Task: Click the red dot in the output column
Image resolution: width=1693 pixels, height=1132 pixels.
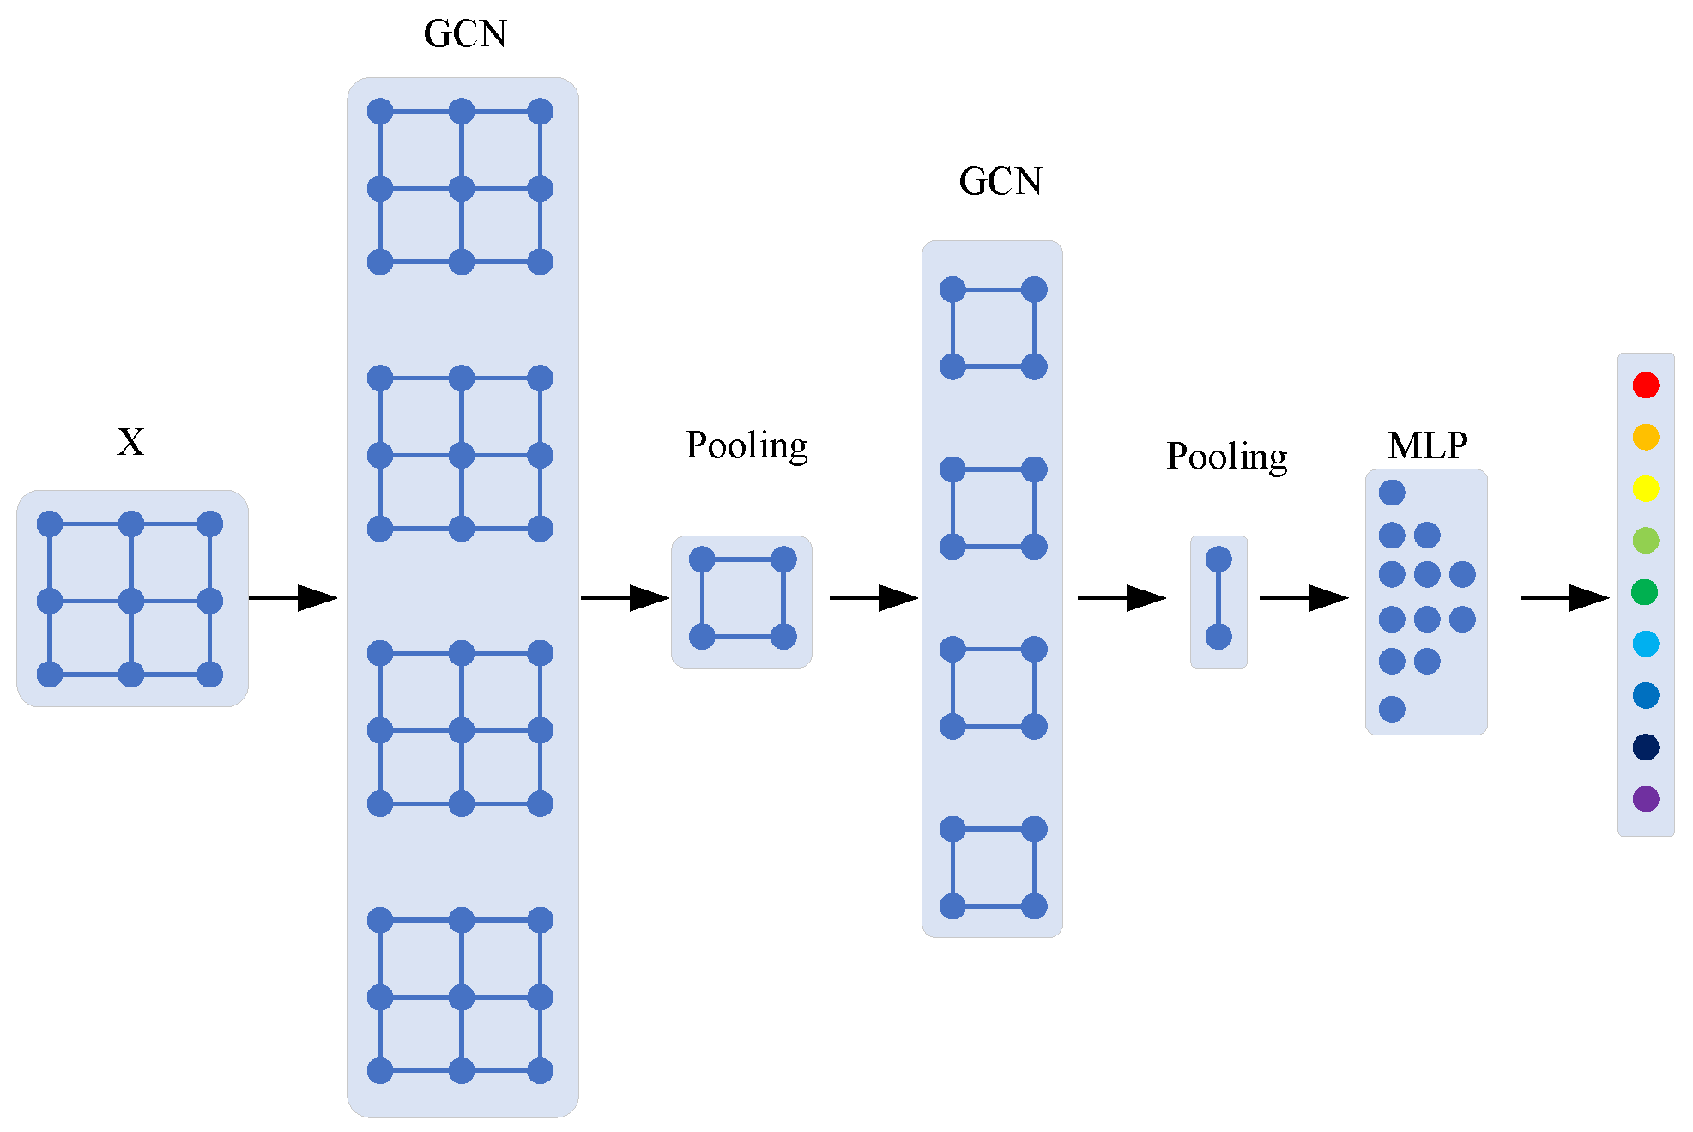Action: pyautogui.click(x=1645, y=384)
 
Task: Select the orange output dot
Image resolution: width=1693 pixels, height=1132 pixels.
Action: pyautogui.click(x=1645, y=437)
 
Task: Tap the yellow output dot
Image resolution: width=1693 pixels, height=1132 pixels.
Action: pyautogui.click(x=1645, y=488)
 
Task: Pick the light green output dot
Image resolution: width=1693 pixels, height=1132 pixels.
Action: pyautogui.click(x=1645, y=541)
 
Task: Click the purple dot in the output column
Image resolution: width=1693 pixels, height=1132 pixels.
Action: pyautogui.click(x=1645, y=799)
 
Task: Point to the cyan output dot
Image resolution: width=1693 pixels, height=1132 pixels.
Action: pyautogui.click(x=1645, y=644)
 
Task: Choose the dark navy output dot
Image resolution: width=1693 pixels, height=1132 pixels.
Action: pyautogui.click(x=1645, y=747)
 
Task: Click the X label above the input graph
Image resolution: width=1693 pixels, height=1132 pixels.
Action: pyautogui.click(x=130, y=442)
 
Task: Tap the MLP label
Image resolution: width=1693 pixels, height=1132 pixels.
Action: pyautogui.click(x=1427, y=445)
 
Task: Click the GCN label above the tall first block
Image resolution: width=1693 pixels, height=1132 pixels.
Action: pyautogui.click(x=465, y=34)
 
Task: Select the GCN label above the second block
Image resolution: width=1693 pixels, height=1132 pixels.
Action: pyautogui.click(x=1001, y=182)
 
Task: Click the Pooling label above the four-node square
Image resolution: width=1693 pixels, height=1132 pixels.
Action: pyautogui.click(x=747, y=445)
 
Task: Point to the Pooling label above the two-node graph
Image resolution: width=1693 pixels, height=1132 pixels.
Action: pyautogui.click(x=1226, y=457)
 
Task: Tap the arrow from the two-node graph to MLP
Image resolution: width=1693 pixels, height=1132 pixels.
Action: pyautogui.click(x=1303, y=598)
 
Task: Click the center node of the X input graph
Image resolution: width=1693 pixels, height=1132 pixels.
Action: pyautogui.click(x=131, y=601)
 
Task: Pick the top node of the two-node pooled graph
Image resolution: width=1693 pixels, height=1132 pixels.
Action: pyautogui.click(x=1218, y=560)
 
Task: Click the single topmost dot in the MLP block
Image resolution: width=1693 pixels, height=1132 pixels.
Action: pyautogui.click(x=1392, y=493)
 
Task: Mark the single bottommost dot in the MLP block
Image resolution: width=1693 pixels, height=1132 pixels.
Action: pyautogui.click(x=1392, y=709)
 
